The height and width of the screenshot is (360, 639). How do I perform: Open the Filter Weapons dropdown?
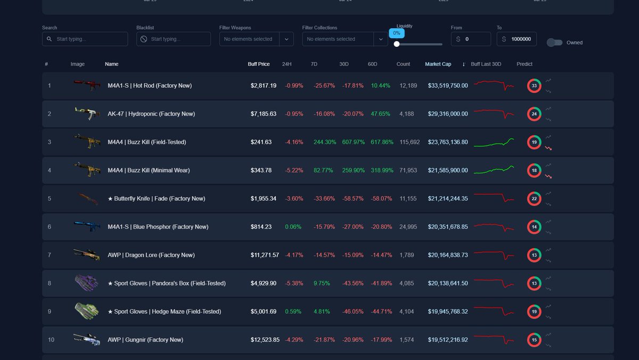point(256,39)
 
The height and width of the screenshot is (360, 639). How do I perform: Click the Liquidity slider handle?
point(397,44)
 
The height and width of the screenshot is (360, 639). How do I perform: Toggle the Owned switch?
point(554,43)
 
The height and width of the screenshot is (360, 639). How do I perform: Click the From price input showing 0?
point(476,39)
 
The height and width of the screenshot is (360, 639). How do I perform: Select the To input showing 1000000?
point(521,39)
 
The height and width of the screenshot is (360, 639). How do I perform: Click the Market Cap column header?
point(438,64)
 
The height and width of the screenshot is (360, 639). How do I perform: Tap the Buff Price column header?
point(259,64)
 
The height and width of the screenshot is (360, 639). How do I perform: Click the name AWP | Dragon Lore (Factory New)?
point(151,255)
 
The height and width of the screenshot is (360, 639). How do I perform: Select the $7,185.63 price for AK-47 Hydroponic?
point(264,114)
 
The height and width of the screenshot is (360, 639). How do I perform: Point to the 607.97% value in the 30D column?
point(351,142)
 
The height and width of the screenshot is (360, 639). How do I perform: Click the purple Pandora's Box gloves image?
point(86,283)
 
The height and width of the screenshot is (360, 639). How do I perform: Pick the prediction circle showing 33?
point(534,86)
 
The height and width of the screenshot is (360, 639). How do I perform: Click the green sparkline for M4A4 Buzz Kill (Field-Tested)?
point(494,143)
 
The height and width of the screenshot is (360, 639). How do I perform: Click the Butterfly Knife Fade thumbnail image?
point(86,199)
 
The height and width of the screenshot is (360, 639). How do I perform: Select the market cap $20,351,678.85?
point(448,227)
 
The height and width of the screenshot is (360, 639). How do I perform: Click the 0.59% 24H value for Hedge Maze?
point(293,312)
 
